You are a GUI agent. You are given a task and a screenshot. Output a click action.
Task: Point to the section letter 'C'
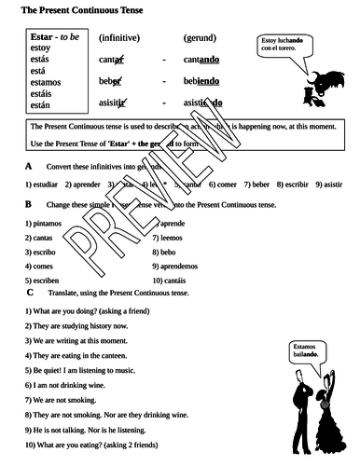click(30, 293)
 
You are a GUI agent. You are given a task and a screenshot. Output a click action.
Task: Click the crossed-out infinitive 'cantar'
click(114, 61)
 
